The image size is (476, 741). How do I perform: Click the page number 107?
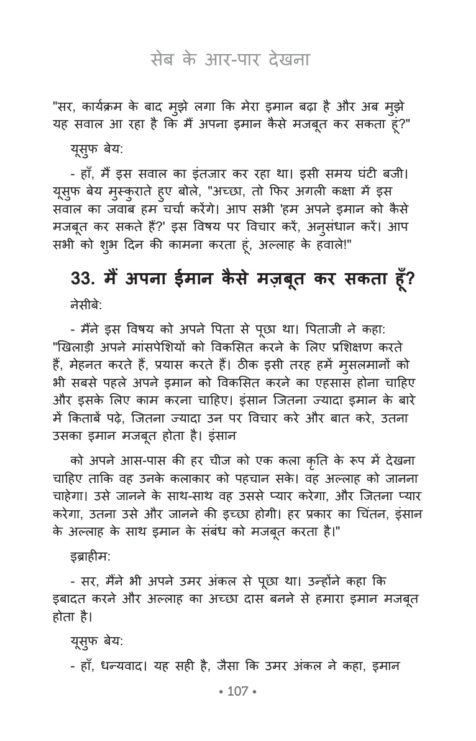tap(238, 691)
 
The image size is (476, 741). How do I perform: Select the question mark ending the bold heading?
tap(410, 279)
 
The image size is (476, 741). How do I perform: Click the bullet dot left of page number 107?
tap(221, 692)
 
